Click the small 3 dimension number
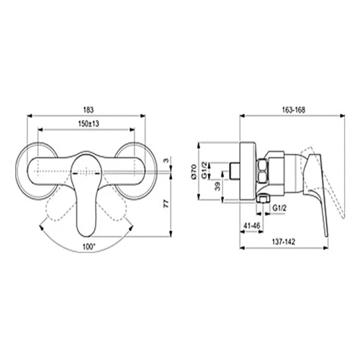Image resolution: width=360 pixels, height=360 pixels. [164, 159]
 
